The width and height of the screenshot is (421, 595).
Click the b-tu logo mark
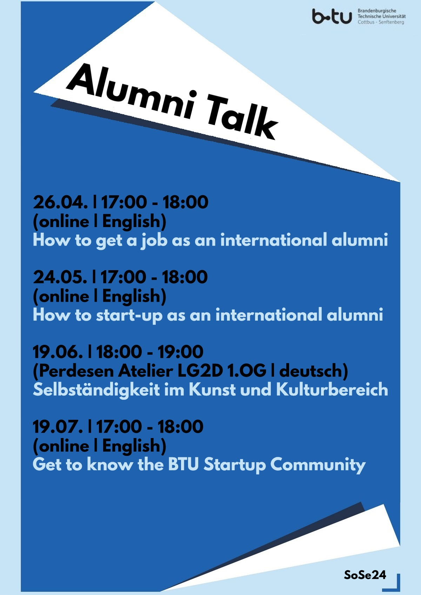(332, 16)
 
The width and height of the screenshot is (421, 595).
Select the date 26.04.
(60, 202)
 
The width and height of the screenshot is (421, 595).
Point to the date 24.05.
(60, 277)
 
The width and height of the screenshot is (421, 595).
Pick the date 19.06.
(58, 352)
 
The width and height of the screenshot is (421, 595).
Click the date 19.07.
(58, 427)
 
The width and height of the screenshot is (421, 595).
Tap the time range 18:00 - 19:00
(150, 352)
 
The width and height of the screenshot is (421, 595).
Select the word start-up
(129, 316)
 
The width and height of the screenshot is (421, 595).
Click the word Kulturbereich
(332, 390)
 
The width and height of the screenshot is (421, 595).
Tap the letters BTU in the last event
(183, 465)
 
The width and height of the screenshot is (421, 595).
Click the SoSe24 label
(365, 575)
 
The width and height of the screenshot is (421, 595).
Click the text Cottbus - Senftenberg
(381, 22)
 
